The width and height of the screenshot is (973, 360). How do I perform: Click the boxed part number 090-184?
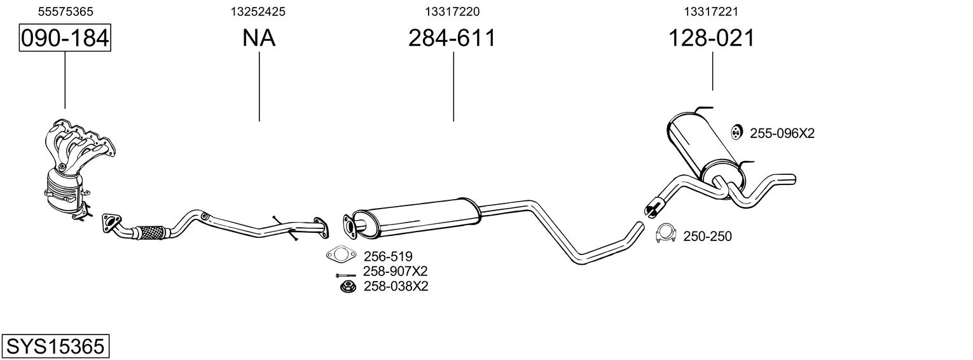(65, 38)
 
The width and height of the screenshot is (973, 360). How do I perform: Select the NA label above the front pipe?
(259, 38)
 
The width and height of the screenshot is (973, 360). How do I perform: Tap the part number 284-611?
(452, 38)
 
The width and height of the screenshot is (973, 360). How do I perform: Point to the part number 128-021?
(712, 38)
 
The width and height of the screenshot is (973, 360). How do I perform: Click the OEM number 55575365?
(66, 11)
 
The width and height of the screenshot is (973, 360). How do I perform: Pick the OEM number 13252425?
(258, 11)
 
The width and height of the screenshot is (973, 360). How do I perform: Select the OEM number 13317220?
(452, 11)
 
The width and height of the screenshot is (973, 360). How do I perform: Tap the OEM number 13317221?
(711, 11)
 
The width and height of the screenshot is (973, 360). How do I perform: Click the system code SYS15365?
(55, 347)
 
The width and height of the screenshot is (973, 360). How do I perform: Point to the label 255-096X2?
(782, 134)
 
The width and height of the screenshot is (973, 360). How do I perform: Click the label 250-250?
(708, 236)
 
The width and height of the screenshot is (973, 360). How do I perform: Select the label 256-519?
(388, 256)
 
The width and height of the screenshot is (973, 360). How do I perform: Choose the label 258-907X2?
(396, 271)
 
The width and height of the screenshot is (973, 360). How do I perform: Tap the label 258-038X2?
(396, 286)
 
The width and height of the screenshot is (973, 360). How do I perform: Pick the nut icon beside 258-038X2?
(347, 287)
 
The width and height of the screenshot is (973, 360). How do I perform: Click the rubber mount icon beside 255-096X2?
(735, 132)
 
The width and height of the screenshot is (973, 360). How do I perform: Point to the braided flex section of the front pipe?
(150, 232)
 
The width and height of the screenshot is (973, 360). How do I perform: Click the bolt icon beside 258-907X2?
(345, 275)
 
